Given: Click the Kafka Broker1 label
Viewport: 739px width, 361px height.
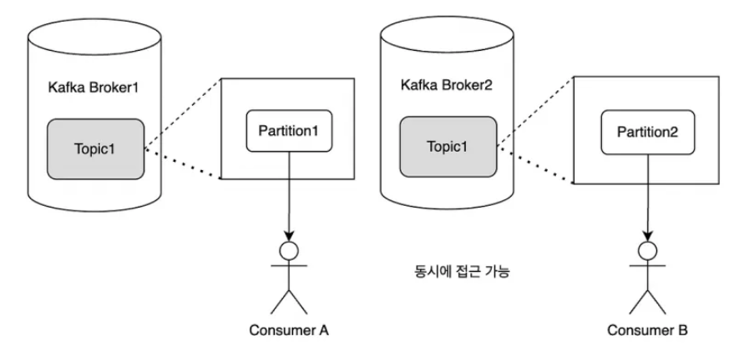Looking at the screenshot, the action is pyautogui.click(x=94, y=87).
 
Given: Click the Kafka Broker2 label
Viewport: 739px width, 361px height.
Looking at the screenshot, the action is pyautogui.click(x=446, y=85).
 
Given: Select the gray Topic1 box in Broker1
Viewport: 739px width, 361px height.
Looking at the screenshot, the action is pyautogui.click(x=95, y=148).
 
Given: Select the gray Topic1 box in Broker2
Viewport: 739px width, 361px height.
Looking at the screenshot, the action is pyautogui.click(x=448, y=147).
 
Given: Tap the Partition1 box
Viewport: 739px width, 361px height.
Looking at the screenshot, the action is pyautogui.click(x=289, y=131).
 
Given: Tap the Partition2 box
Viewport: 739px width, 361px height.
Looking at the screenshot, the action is pyautogui.click(x=648, y=133).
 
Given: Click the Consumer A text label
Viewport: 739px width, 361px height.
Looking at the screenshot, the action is pyautogui.click(x=288, y=330).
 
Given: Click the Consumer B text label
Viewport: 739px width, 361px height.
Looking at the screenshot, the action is pyautogui.click(x=647, y=330).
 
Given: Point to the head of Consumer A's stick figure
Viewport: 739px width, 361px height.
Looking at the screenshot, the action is pyautogui.click(x=289, y=251).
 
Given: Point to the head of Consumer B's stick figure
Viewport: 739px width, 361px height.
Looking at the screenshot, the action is pyautogui.click(x=648, y=251).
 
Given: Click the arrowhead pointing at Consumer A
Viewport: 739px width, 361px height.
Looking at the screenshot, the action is pyautogui.click(x=289, y=236).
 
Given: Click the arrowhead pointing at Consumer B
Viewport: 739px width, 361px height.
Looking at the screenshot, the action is pyautogui.click(x=648, y=236).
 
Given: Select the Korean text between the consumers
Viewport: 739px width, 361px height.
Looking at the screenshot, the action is pyautogui.click(x=462, y=272).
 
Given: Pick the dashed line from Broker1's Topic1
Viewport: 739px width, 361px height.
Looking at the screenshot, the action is pyautogui.click(x=182, y=115).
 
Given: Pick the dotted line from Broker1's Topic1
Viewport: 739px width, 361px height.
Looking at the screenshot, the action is pyautogui.click(x=182, y=164).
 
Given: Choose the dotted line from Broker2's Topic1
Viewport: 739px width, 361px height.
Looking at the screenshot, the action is pyautogui.click(x=536, y=165).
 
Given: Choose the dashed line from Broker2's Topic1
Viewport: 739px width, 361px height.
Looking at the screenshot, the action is pyautogui.click(x=536, y=112).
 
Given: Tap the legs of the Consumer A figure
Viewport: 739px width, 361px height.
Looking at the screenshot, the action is pyautogui.click(x=289, y=302).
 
